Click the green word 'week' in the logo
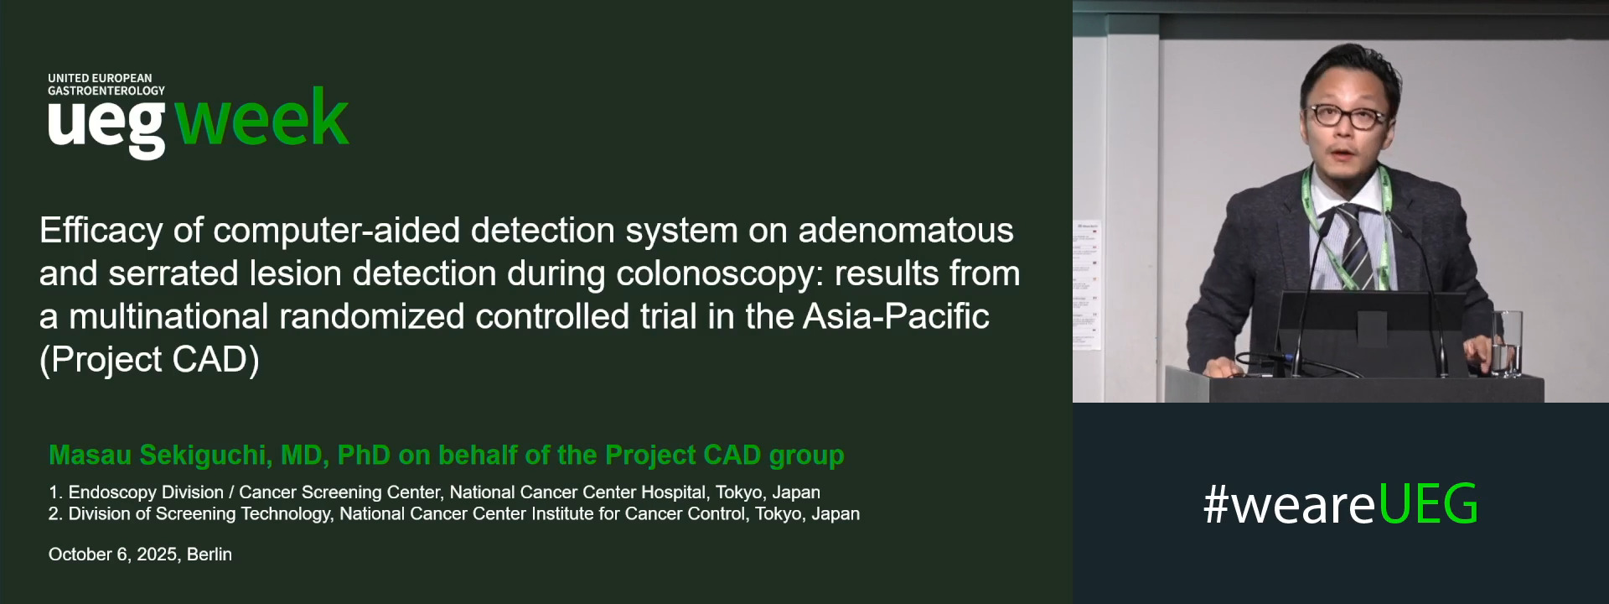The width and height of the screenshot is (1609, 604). pos(261,119)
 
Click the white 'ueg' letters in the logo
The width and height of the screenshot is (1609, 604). pos(106,126)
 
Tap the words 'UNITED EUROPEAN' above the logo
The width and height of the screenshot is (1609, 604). pos(100,78)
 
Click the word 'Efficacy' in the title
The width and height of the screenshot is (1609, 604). pos(101,231)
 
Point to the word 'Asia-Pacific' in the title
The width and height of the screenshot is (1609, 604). pos(896,316)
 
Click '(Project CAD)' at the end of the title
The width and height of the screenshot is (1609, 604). pos(149,359)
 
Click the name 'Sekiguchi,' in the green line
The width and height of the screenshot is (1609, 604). pos(205,455)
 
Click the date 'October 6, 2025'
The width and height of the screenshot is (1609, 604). pos(113,555)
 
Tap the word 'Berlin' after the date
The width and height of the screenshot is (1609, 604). pos(210,555)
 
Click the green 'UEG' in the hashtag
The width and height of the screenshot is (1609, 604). pos(1428,504)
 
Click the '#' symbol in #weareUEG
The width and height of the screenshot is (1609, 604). pos(1216,505)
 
